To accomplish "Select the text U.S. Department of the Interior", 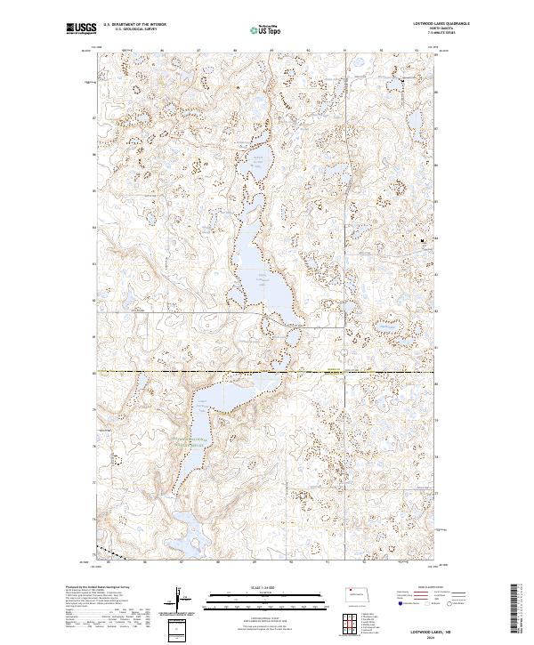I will [x=134, y=26].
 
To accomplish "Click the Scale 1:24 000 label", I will [x=267, y=587].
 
